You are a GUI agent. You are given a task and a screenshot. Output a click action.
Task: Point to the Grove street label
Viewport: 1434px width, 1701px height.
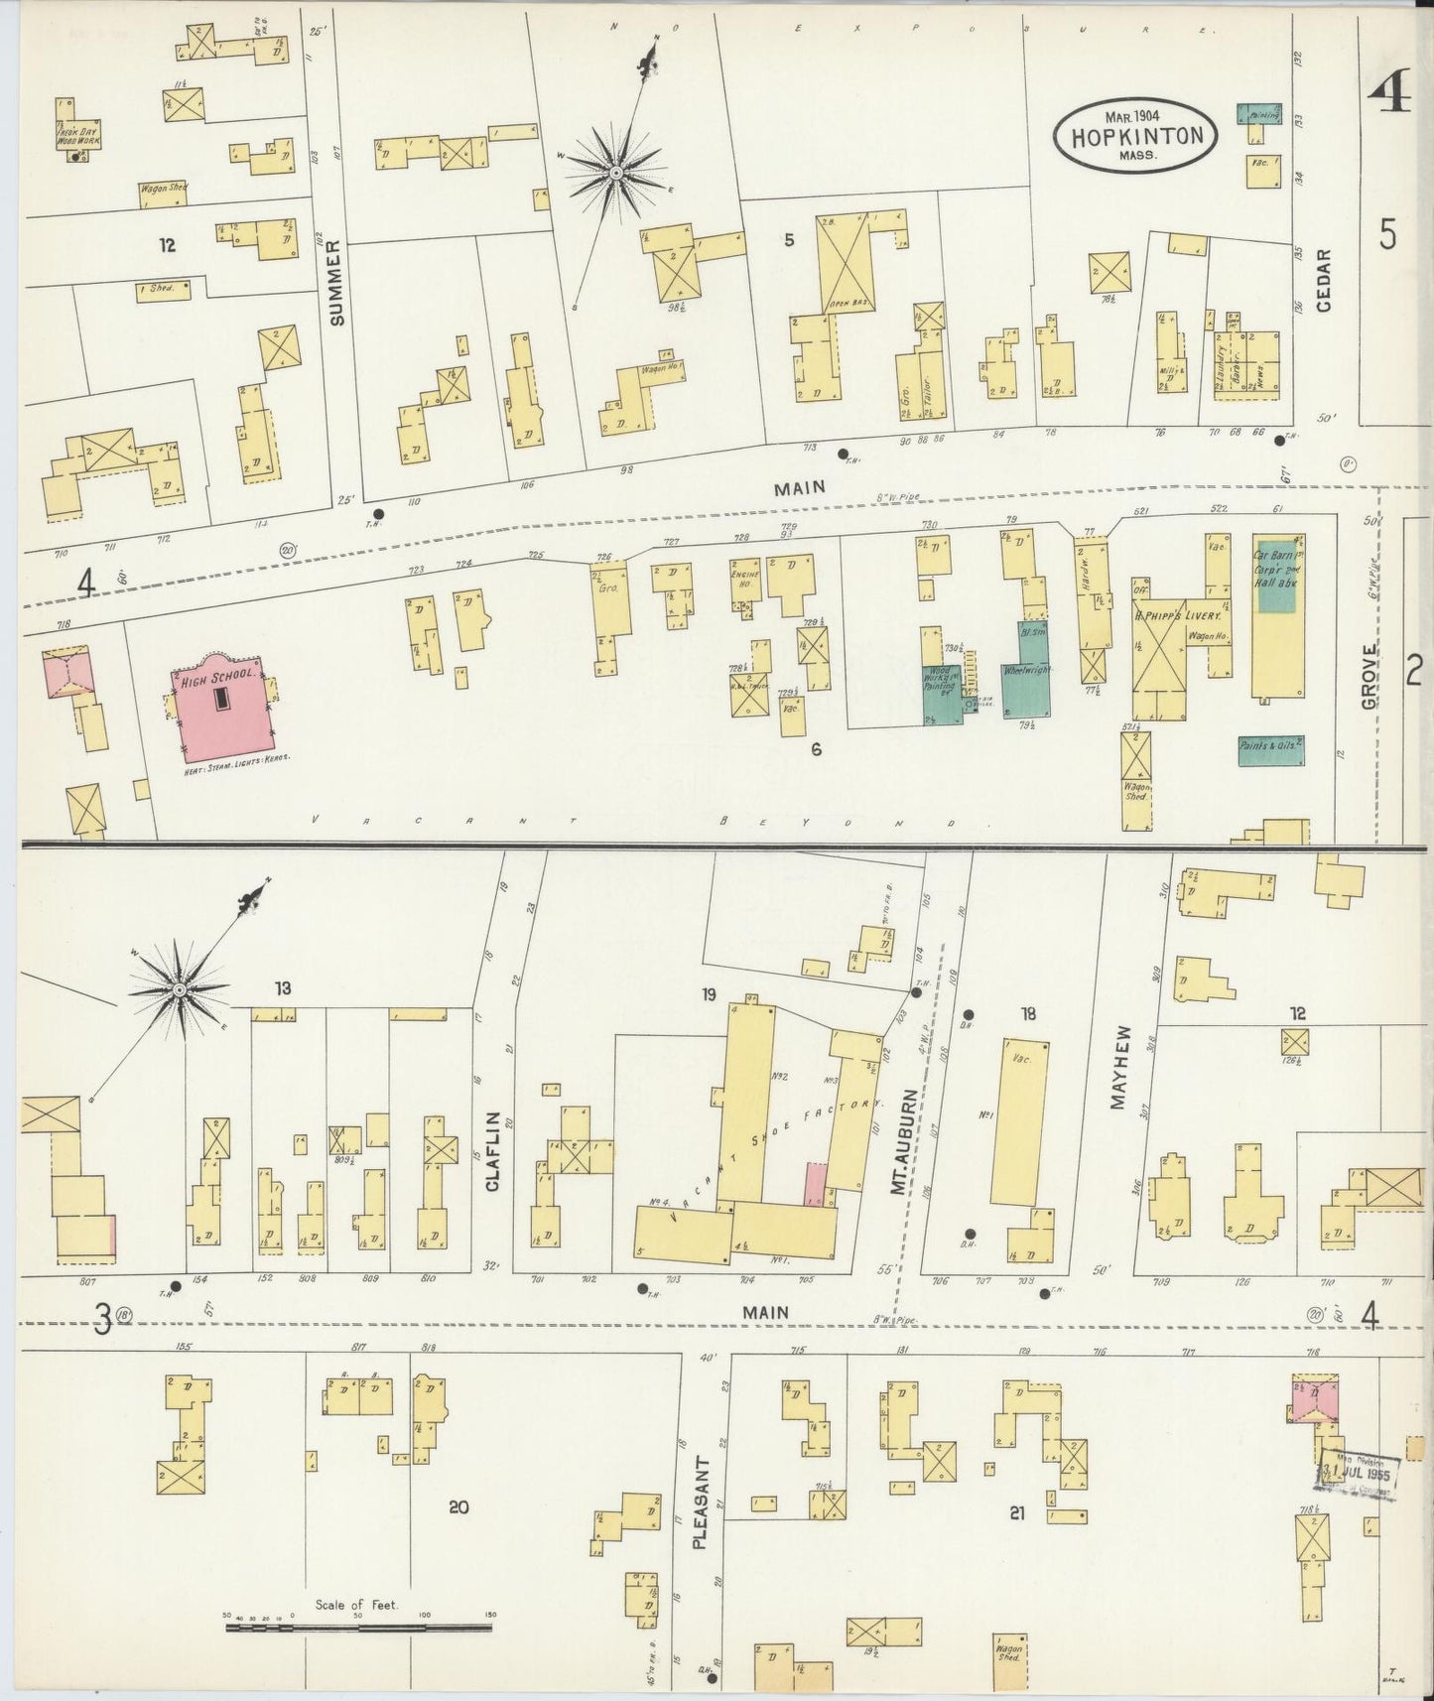[1369, 676]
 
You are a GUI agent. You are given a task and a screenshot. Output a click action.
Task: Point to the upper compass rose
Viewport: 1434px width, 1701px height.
[615, 173]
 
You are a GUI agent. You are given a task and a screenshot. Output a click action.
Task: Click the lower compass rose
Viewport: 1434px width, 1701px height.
[179, 989]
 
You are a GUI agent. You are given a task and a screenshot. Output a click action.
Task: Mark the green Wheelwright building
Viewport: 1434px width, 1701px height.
[1026, 677]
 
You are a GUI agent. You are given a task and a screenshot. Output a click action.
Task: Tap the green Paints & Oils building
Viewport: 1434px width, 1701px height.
[1270, 750]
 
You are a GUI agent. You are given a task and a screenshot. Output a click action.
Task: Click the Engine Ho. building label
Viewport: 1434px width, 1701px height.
[745, 580]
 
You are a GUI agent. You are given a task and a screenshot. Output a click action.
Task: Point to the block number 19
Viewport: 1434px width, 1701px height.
[708, 994]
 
